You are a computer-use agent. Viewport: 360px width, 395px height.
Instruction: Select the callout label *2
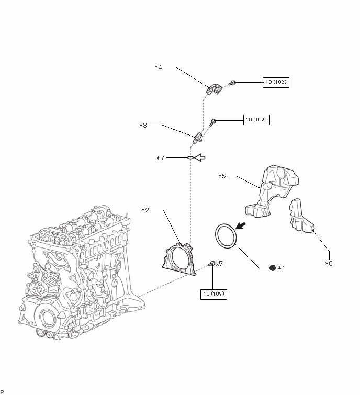coord(145,210)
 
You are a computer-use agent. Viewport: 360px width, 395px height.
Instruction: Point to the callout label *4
coord(159,67)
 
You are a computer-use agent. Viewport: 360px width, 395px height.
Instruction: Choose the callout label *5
coord(222,176)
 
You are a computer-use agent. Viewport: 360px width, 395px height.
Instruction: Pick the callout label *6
coord(329,263)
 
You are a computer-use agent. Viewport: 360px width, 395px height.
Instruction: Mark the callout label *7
coord(161,157)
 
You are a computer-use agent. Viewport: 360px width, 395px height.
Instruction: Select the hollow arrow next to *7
coord(200,157)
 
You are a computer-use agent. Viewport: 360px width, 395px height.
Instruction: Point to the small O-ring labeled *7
coord(190,157)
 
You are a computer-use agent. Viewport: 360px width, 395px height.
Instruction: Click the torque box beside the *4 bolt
coord(275,82)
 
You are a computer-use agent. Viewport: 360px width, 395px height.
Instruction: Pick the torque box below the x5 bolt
coord(214,294)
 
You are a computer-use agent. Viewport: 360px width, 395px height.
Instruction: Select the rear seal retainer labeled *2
coord(179,258)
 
